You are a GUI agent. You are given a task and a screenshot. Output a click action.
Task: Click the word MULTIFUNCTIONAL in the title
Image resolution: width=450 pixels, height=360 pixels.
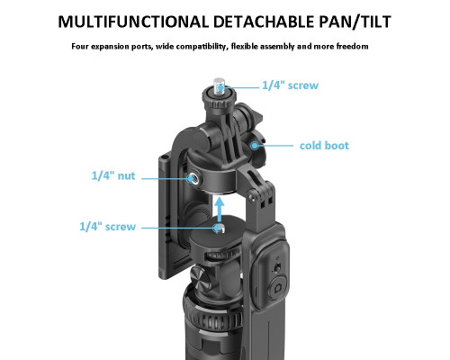[x=133, y=22]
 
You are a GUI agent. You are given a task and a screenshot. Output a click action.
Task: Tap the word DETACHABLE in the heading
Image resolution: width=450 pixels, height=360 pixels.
[x=264, y=22]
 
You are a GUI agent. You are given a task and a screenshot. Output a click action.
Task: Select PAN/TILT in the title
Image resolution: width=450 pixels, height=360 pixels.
[x=355, y=22]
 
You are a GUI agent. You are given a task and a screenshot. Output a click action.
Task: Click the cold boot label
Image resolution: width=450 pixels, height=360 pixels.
[x=324, y=146]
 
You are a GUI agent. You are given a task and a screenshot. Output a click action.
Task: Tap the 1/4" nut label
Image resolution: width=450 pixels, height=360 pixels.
[x=113, y=175]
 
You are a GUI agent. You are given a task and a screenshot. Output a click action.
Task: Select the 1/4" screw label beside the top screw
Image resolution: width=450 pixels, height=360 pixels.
[x=290, y=85]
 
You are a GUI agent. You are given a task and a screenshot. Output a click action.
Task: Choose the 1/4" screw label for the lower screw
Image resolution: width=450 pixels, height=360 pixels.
[x=107, y=227]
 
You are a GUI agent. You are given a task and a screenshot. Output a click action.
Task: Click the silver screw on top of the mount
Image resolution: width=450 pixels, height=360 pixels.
[x=220, y=85]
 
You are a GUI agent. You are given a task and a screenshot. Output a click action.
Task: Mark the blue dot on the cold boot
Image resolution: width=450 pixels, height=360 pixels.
[x=255, y=146]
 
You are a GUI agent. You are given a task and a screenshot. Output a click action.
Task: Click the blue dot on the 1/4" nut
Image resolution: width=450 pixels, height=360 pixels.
[x=190, y=178]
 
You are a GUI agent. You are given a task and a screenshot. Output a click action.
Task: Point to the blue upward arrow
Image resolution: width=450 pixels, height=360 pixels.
[x=220, y=209]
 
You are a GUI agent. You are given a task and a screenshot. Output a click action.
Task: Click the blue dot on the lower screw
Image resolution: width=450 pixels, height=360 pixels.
[x=217, y=228]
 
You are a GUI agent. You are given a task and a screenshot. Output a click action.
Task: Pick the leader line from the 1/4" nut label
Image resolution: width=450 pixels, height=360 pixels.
[x=164, y=178]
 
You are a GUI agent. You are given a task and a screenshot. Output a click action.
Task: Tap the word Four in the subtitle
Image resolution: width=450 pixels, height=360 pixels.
[x=80, y=46]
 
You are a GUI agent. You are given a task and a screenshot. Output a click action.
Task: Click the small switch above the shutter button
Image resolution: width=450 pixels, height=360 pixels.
[x=278, y=267]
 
